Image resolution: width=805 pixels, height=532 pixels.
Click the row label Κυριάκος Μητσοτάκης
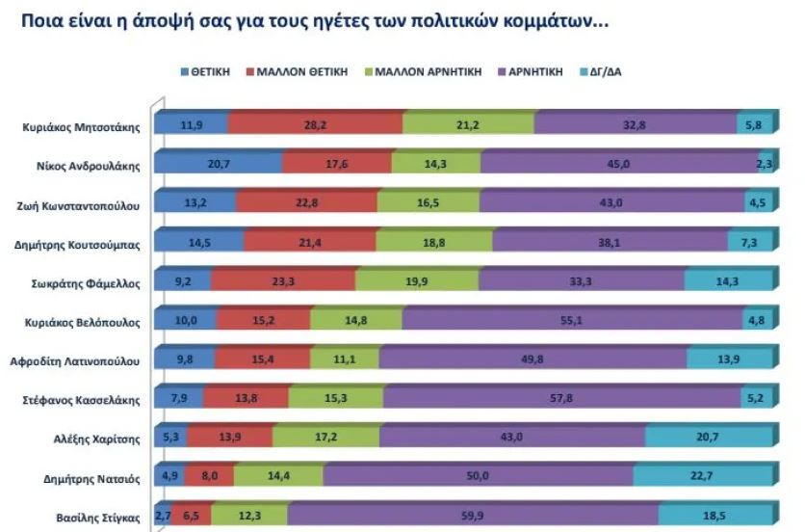pos(81,126)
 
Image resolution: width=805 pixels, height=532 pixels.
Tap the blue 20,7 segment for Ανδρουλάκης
pos(219,165)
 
